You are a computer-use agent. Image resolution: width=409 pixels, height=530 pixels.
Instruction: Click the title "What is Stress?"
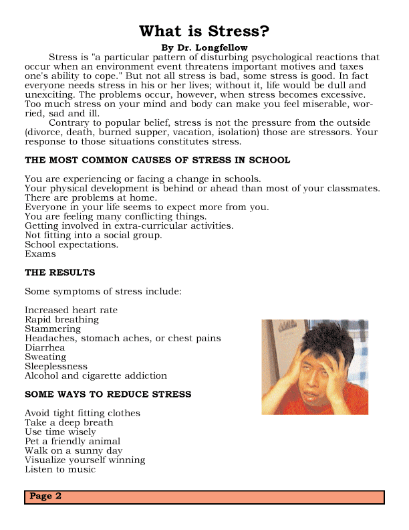point(204,31)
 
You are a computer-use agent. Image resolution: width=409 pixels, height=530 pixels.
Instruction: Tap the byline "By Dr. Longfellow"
point(204,48)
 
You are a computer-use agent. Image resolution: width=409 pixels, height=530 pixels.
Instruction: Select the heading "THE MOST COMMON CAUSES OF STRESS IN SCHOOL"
point(157,161)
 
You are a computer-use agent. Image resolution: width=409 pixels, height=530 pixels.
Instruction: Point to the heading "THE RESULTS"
point(59,273)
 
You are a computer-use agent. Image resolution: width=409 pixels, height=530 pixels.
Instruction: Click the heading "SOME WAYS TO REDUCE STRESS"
point(108,395)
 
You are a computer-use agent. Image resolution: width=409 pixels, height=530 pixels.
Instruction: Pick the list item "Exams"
point(40,254)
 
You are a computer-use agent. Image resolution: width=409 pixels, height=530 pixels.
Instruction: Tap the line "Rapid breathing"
point(61,320)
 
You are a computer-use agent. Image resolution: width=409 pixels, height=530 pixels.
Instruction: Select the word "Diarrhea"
point(45,348)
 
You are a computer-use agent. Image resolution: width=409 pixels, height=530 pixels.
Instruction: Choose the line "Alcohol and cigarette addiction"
point(96,376)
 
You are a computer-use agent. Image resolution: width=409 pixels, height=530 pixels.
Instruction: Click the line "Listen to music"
point(60,470)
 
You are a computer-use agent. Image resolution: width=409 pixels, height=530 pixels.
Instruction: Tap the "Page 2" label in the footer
point(45,497)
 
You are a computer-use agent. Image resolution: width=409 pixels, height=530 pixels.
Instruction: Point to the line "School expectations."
point(72,245)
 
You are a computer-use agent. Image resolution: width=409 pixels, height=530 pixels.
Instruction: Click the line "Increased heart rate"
point(71,311)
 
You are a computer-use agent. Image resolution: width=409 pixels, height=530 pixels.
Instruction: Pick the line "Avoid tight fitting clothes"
point(82,414)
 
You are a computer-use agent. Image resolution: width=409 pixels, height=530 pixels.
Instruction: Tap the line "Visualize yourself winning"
point(85,460)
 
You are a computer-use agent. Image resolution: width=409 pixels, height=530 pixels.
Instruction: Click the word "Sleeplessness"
point(56,367)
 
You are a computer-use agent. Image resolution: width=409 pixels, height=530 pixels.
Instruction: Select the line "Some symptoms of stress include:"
point(103,292)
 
